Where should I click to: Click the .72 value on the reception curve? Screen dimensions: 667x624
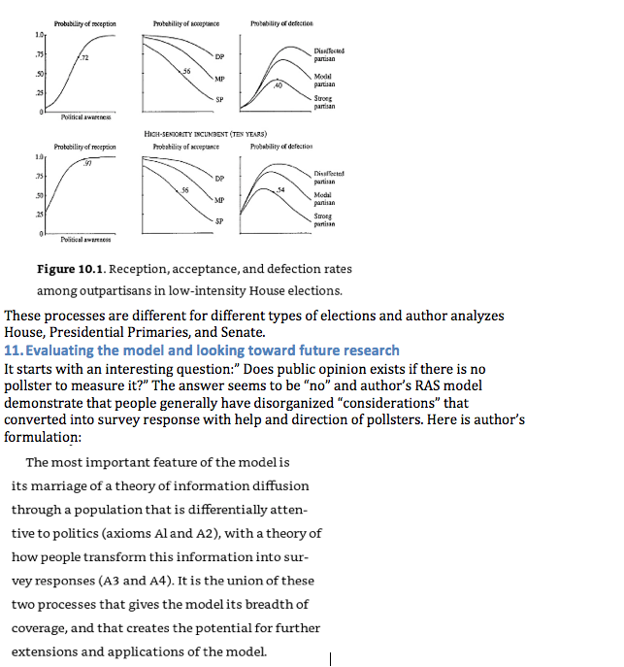coord(84,60)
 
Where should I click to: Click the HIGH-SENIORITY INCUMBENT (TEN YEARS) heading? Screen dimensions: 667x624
coord(205,134)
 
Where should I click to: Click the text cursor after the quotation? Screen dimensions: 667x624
coord(331,659)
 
